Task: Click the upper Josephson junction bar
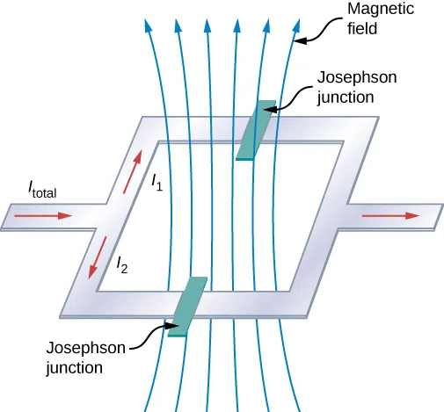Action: click(252, 132)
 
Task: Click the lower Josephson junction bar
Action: click(186, 307)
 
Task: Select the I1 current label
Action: click(156, 183)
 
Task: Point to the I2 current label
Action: click(121, 263)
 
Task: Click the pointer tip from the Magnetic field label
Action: click(295, 40)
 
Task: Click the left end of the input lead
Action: click(4, 217)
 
